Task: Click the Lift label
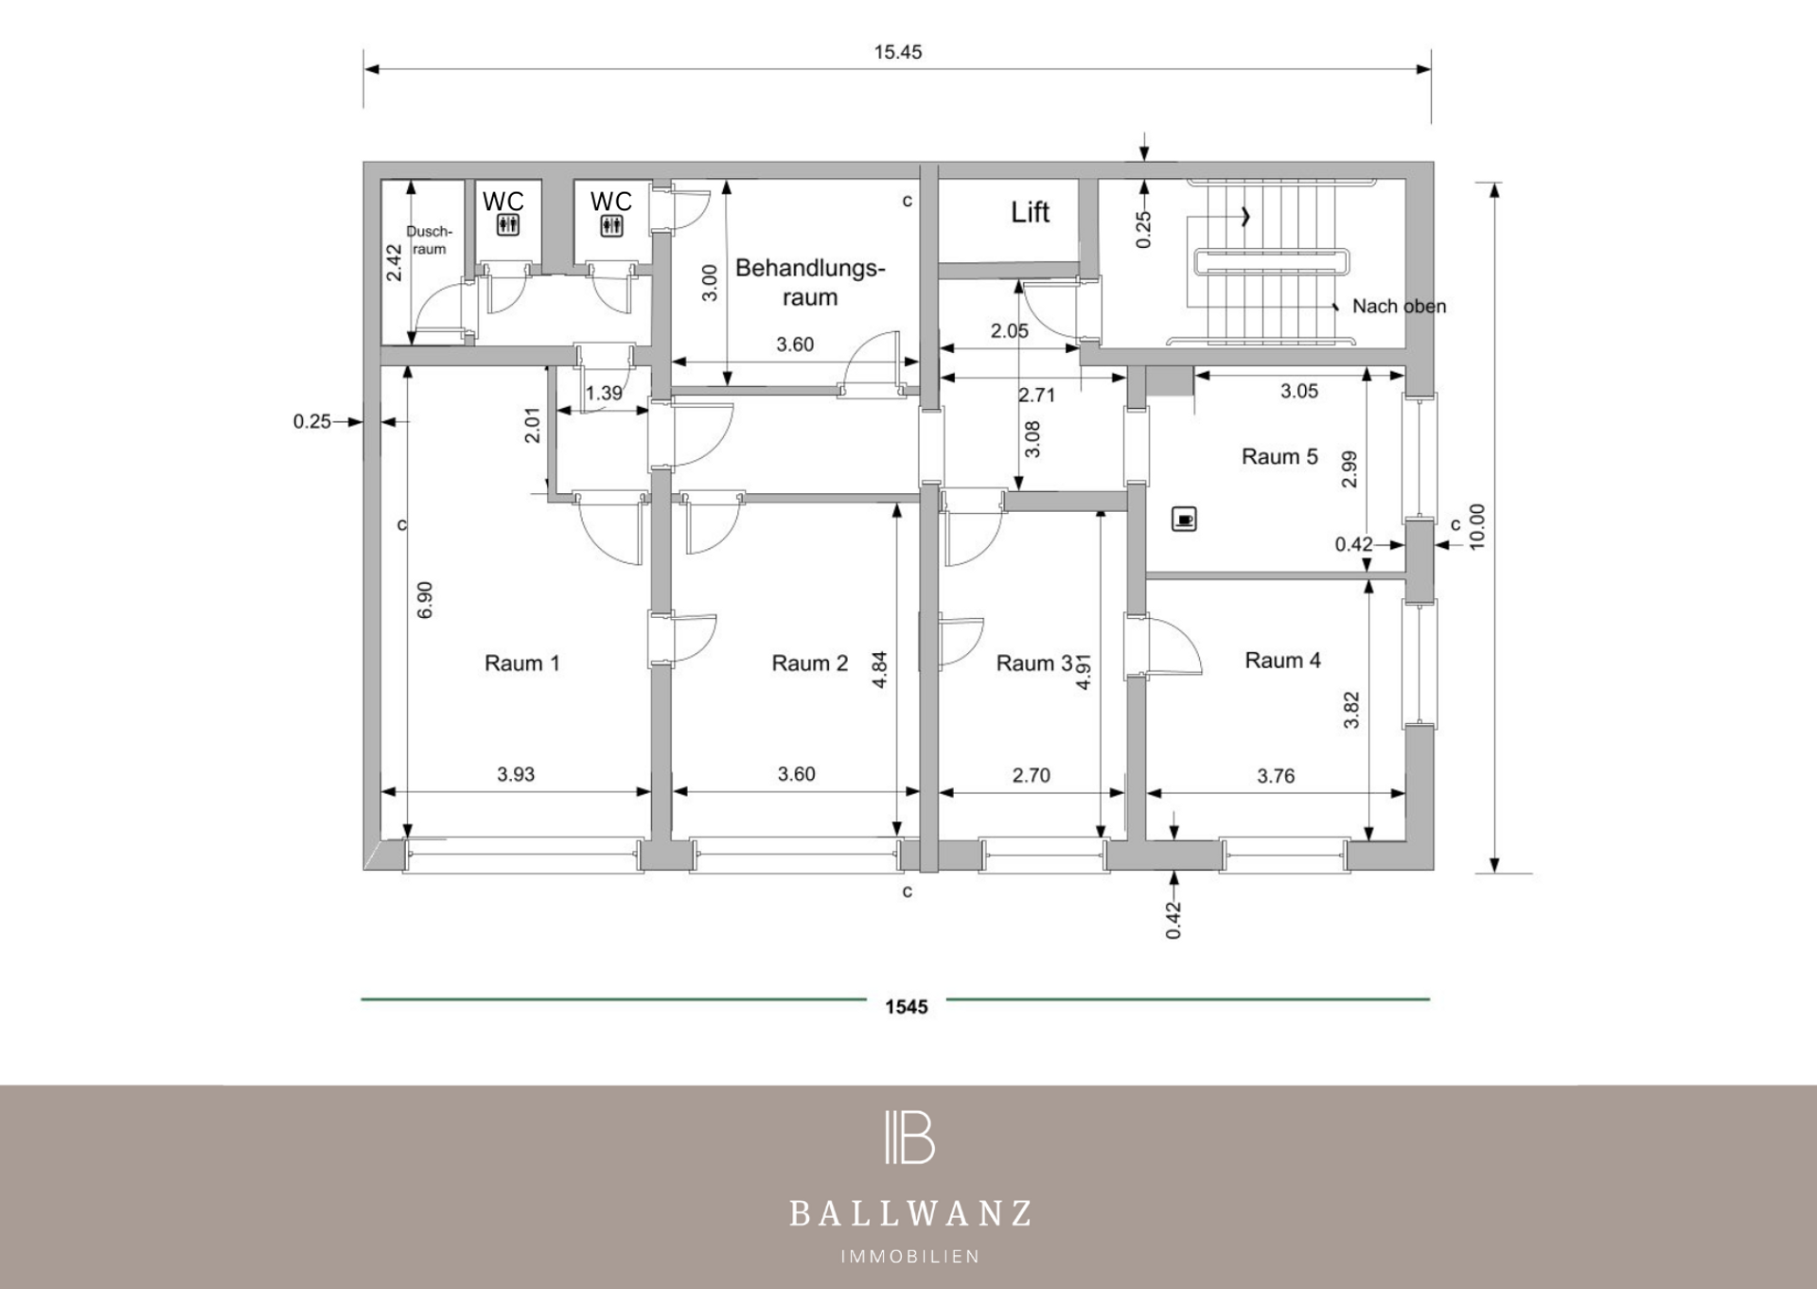coord(1030,212)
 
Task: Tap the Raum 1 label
coord(521,663)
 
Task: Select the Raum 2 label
coord(809,663)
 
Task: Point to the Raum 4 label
coord(1282,661)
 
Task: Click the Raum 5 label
coord(1279,456)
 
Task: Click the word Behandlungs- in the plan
coord(810,268)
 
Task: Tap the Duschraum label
coord(429,240)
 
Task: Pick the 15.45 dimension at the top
coord(897,52)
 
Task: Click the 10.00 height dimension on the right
coord(1476,526)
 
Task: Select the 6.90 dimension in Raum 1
coord(425,600)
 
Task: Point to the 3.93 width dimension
coord(516,774)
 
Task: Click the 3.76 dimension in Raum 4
coord(1276,776)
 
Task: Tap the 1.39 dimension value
coord(604,393)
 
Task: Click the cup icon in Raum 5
coord(1184,519)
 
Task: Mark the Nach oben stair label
coord(1399,307)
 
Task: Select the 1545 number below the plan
coord(907,1007)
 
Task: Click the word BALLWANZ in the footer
coord(909,1213)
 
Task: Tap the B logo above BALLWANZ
coord(909,1137)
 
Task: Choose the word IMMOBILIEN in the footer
coord(910,1257)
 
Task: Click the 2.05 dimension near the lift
coord(1010,330)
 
